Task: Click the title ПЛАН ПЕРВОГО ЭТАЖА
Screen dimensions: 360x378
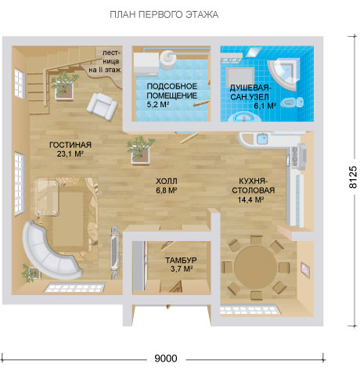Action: pyautogui.click(x=164, y=15)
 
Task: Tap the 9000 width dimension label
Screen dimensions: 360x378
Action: pyautogui.click(x=166, y=358)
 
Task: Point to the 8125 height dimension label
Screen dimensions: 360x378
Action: pyautogui.click(x=352, y=177)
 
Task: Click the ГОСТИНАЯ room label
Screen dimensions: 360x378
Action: pyautogui.click(x=70, y=145)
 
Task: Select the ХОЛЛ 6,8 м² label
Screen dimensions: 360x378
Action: pyautogui.click(x=167, y=185)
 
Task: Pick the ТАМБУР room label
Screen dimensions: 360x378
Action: pyautogui.click(x=181, y=260)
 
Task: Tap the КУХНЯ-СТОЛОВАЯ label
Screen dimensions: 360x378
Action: pyautogui.click(x=253, y=185)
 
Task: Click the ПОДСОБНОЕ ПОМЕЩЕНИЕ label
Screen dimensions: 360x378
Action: pyautogui.click(x=172, y=91)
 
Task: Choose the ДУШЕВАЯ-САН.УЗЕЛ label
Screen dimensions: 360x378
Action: pyautogui.click(x=250, y=92)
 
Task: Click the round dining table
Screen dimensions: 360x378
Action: pyautogui.click(x=255, y=266)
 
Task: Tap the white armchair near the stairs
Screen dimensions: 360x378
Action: pyautogui.click(x=102, y=106)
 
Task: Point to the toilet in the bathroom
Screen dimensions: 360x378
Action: pyautogui.click(x=293, y=103)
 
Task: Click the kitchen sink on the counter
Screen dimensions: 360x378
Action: pyautogui.click(x=262, y=139)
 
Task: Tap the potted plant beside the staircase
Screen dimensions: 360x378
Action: pyautogui.click(x=63, y=85)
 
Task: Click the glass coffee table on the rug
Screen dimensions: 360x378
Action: pyautogui.click(x=47, y=196)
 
